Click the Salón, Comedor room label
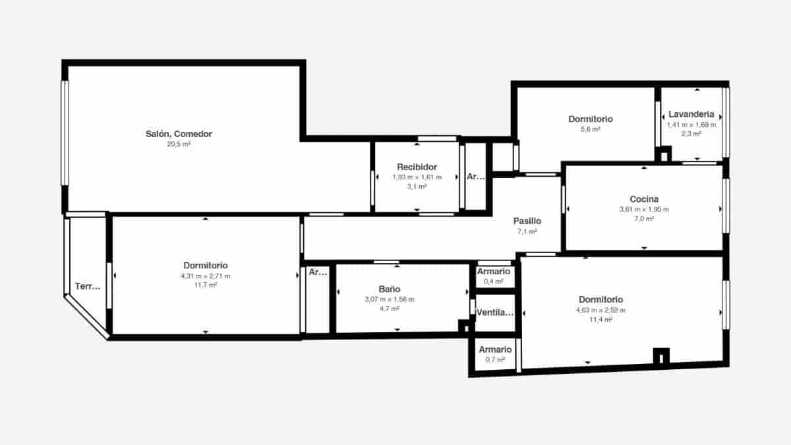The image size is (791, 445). [179, 134]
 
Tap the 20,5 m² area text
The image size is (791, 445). [179, 144]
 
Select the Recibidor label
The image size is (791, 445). [417, 167]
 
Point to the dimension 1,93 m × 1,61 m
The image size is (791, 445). [417, 177]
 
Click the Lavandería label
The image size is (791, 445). [691, 114]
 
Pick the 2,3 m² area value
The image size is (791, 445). [691, 133]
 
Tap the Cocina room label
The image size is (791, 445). [644, 199]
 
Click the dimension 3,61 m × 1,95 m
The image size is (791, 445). [644, 210]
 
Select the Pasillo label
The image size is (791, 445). [527, 222]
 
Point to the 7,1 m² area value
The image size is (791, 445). [527, 232]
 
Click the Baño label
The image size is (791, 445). [389, 289]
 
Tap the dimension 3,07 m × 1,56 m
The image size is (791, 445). [389, 299]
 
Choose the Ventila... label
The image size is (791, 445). [494, 312]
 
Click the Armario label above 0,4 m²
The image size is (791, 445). [494, 272]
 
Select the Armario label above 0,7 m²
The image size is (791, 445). [495, 349]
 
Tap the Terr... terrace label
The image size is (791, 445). [88, 286]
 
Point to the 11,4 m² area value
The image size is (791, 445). [601, 319]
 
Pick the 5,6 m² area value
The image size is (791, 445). [590, 129]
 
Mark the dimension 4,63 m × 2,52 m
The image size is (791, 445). [601, 310]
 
